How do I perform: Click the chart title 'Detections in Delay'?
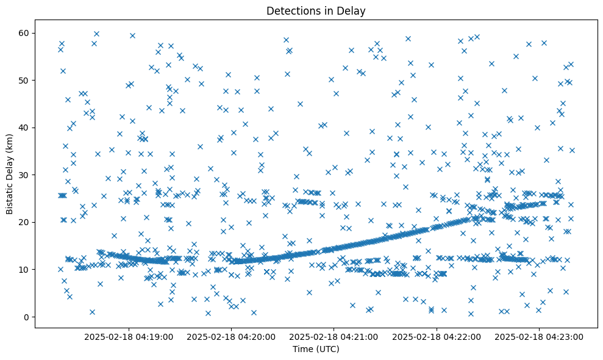(315, 11)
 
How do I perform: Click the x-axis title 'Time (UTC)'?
(315, 349)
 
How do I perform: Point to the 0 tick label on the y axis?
(26, 317)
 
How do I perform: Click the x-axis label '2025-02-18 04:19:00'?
(129, 336)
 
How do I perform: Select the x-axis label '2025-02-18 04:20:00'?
(231, 336)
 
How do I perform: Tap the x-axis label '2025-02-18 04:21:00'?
(334, 336)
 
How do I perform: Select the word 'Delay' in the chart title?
(351, 11)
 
